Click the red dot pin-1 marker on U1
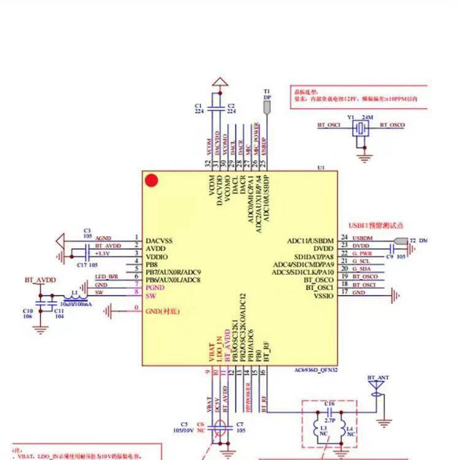[151, 181]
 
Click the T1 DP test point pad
[267, 107]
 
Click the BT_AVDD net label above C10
[40, 280]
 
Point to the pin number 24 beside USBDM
[345, 237]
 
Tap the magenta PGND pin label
[155, 288]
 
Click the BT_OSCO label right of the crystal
[393, 125]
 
